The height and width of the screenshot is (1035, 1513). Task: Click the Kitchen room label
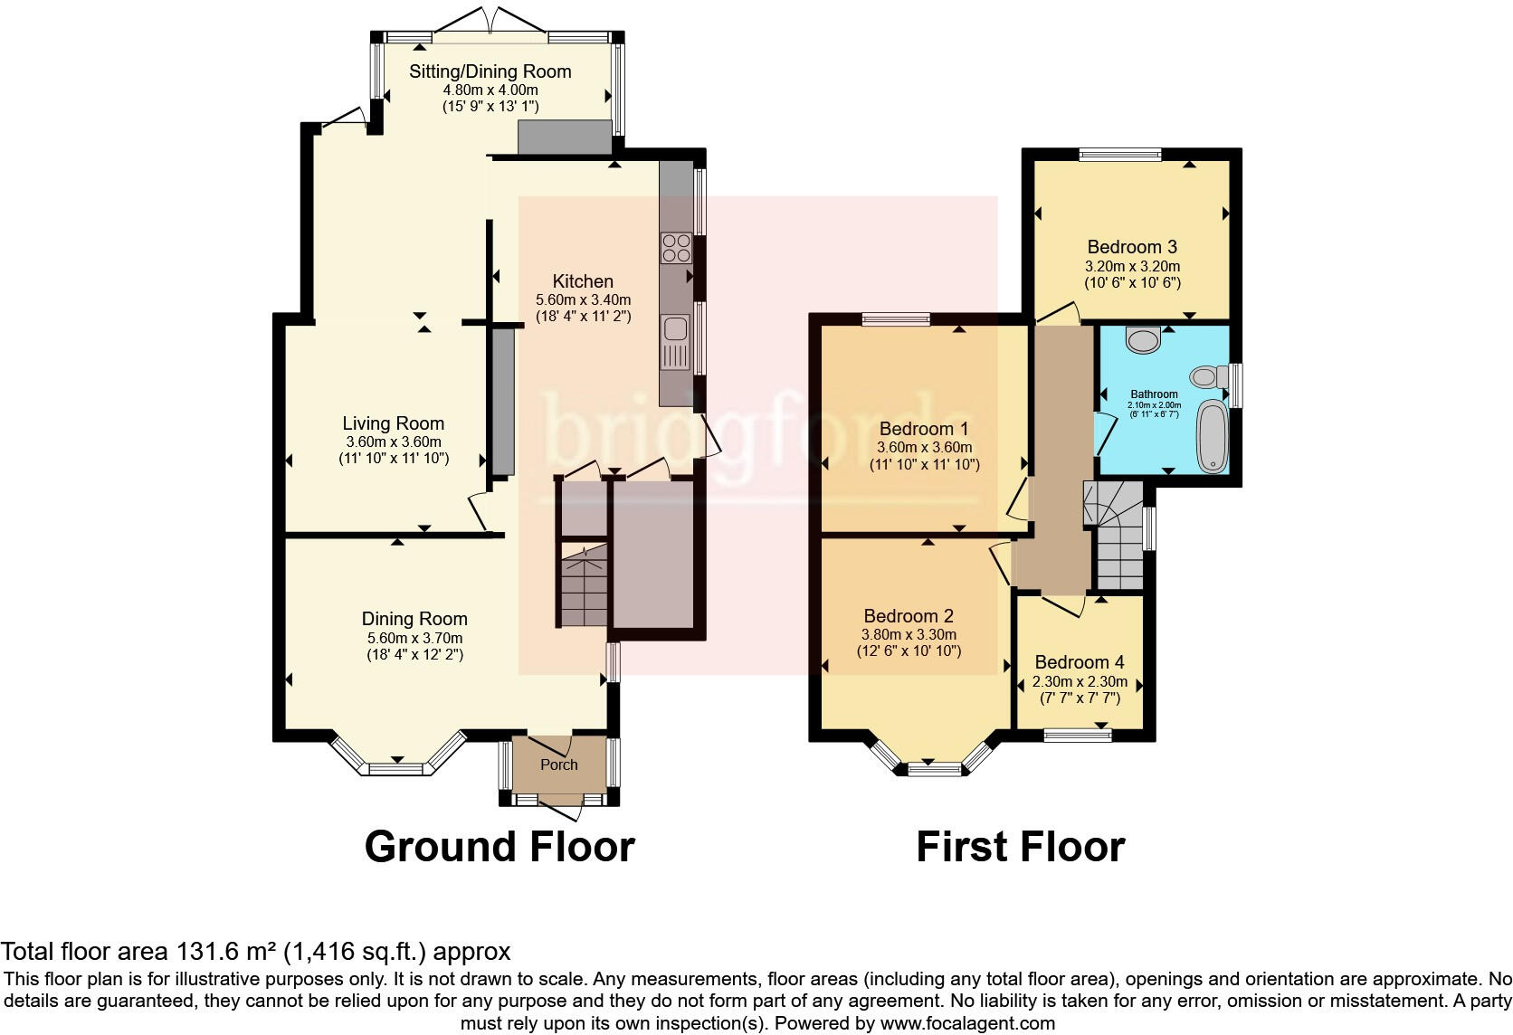point(583,281)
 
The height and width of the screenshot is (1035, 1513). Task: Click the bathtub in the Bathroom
point(1211,438)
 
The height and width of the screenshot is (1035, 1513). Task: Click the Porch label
point(558,764)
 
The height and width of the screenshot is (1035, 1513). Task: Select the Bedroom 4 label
point(1079,662)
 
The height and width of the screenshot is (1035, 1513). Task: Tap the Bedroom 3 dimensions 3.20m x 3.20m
point(1132,267)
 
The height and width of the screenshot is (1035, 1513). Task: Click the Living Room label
point(393,423)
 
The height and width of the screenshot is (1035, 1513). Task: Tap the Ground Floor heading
point(500,847)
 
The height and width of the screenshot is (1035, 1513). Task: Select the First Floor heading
point(1020,847)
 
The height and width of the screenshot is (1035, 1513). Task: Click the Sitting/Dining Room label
point(490,71)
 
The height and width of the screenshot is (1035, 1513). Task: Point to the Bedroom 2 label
point(908,616)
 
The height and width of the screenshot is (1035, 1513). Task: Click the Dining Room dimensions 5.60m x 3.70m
point(414,638)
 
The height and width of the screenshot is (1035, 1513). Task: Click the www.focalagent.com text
point(966,1023)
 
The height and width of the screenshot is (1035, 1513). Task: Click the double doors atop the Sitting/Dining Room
point(490,20)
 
